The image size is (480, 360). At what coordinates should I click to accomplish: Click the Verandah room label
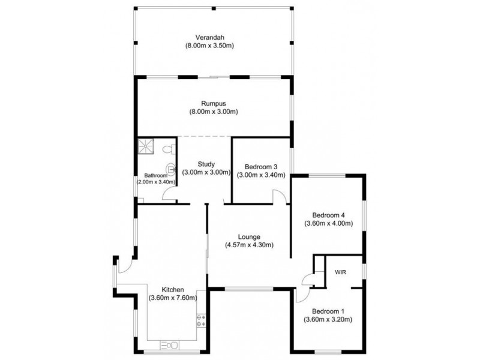209,38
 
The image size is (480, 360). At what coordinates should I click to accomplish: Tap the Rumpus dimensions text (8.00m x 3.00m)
214,112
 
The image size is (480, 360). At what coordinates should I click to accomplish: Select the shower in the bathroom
145,146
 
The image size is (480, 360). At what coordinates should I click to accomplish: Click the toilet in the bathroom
169,149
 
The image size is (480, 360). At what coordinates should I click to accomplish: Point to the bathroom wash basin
170,169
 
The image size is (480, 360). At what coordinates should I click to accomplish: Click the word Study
206,164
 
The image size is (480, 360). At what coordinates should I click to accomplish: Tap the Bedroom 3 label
261,167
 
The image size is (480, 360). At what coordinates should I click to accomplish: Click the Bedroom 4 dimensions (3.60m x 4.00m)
328,223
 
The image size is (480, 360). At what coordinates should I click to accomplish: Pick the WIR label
340,272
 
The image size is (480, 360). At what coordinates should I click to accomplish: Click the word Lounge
249,236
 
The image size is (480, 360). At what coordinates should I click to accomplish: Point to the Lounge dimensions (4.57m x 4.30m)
249,245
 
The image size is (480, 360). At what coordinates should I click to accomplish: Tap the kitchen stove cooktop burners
201,320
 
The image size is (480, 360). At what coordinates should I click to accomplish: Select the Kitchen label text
173,290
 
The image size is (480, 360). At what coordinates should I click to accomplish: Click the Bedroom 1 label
328,311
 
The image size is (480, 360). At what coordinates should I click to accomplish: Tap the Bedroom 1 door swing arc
305,296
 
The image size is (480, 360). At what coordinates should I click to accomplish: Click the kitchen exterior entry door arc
126,266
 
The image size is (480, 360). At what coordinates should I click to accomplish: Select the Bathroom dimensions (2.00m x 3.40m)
156,182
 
